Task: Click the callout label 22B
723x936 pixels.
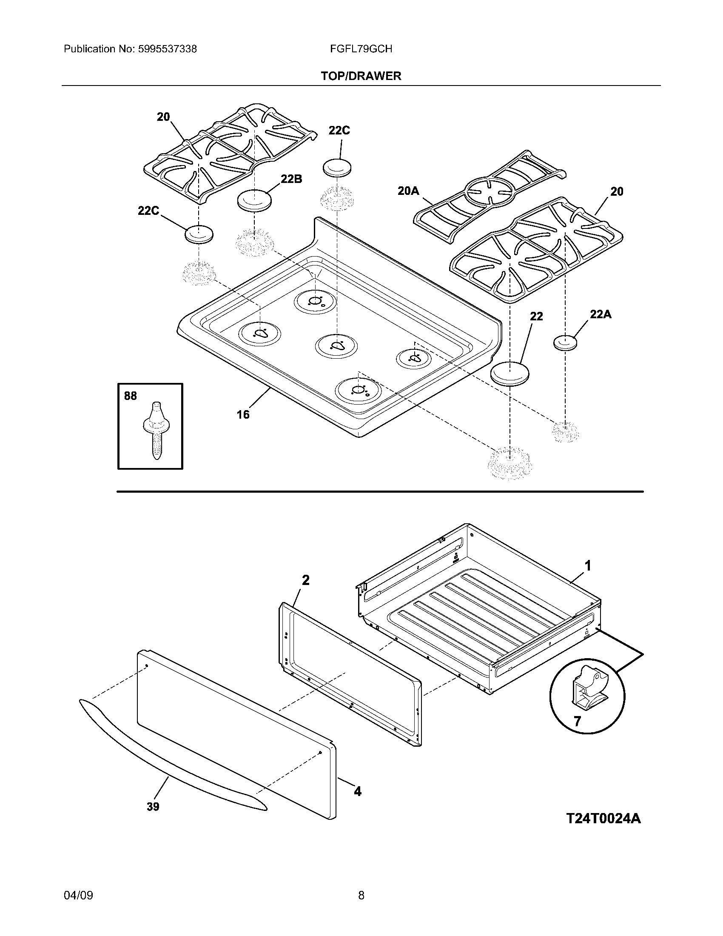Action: tap(291, 179)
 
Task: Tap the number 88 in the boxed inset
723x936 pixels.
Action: tap(130, 396)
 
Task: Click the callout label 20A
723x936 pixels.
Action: tap(408, 191)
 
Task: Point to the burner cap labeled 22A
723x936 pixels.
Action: tap(565, 343)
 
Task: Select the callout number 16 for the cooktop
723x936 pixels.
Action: tap(243, 414)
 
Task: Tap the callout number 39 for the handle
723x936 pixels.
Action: tap(153, 807)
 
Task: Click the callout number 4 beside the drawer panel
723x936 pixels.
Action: tap(357, 791)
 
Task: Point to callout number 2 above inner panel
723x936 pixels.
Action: tap(305, 580)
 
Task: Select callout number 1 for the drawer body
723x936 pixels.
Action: tap(588, 566)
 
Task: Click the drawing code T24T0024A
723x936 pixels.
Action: tap(603, 818)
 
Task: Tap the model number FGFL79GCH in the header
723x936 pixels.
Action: tap(361, 49)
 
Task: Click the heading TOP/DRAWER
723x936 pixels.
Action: tap(361, 76)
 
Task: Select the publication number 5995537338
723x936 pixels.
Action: tap(168, 49)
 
